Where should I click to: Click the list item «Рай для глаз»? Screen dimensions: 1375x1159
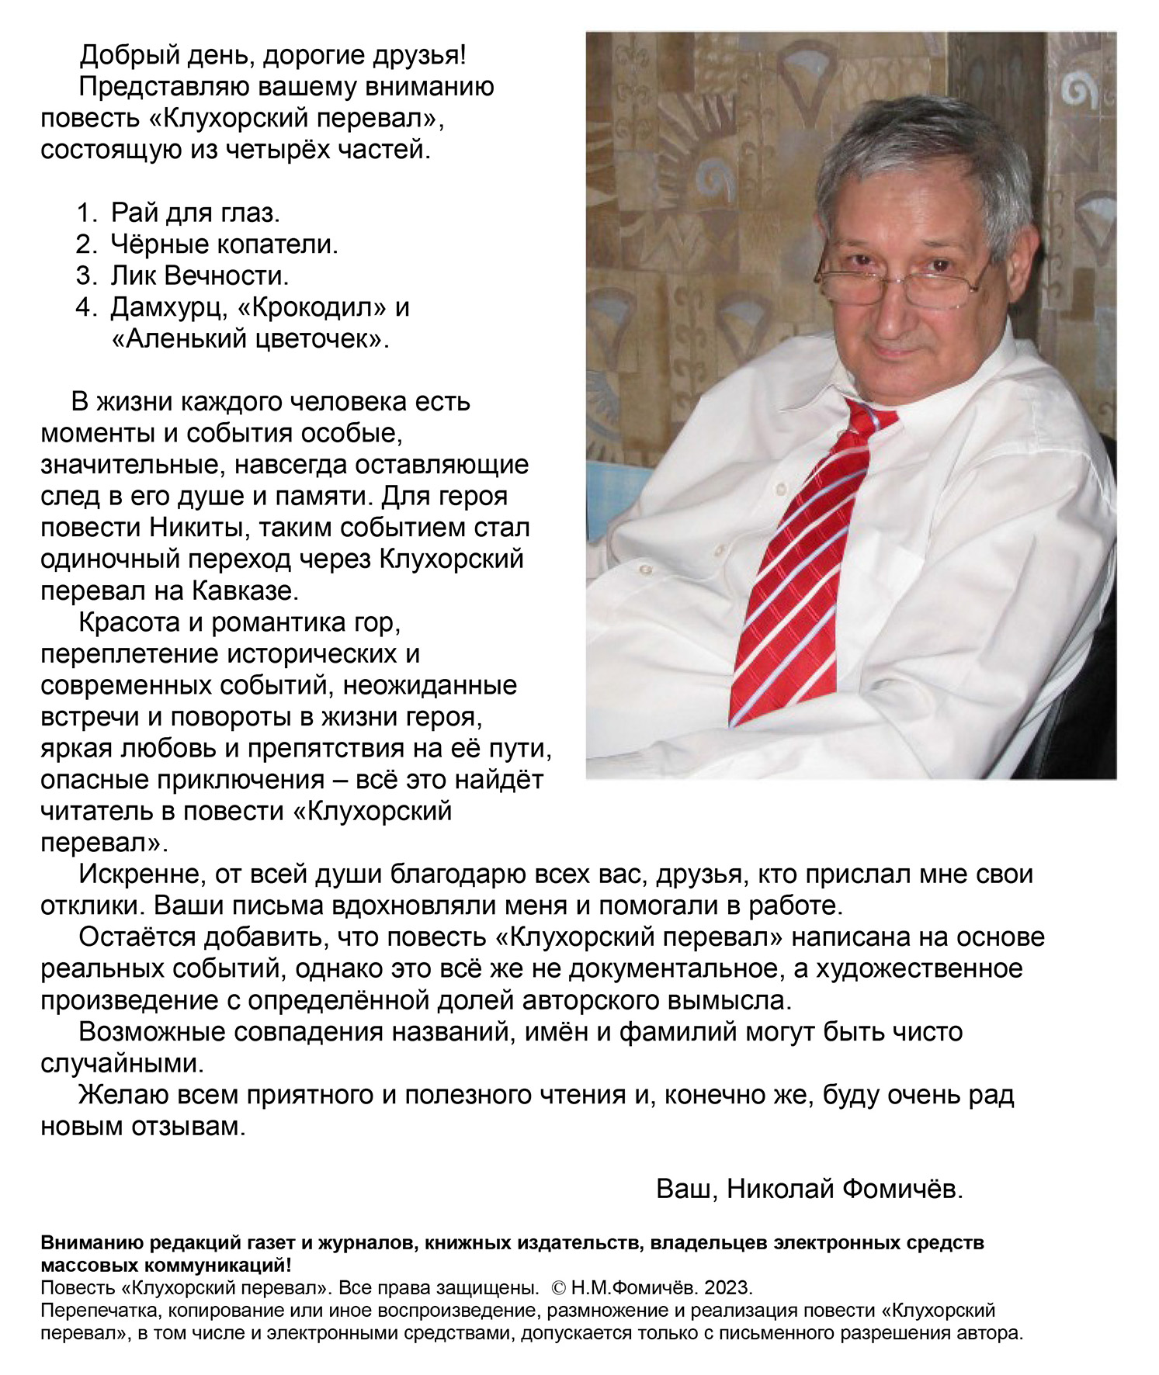[x=195, y=213]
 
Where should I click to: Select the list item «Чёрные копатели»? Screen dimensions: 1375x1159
[x=224, y=244]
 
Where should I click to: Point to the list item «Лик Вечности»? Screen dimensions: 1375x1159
[x=200, y=276]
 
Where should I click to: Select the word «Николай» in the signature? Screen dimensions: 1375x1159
[x=780, y=1189]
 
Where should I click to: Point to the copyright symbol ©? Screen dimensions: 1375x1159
[x=558, y=1288]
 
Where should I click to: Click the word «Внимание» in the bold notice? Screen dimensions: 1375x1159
[x=93, y=1243]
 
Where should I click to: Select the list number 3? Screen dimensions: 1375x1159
[x=84, y=276]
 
